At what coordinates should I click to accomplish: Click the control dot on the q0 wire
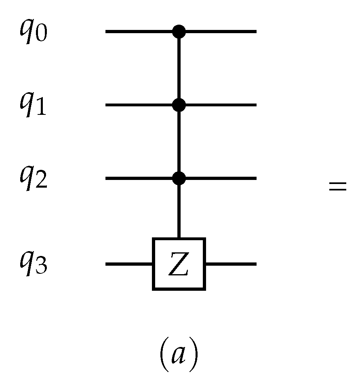179,31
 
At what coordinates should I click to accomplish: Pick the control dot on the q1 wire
179,105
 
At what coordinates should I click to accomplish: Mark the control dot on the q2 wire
179,178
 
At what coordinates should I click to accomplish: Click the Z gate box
179,264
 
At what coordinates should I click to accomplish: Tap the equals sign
337,187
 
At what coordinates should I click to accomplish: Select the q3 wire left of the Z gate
128,264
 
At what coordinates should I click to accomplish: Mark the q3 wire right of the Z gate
231,264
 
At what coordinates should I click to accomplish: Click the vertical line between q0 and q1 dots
179,68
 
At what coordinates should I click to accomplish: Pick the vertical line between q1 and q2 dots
179,142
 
